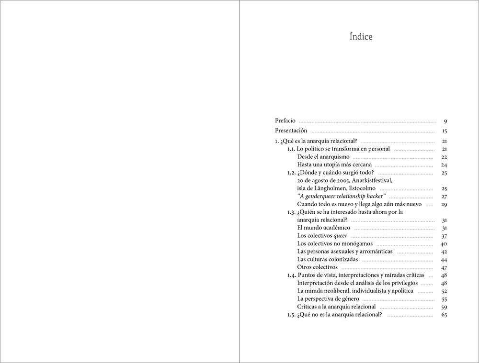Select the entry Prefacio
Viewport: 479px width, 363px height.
coord(285,121)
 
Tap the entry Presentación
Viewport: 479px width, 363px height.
coord(291,131)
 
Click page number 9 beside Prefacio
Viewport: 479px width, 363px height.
coord(445,121)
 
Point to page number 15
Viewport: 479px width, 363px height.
coord(444,131)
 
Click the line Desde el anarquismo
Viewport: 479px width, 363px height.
coord(323,157)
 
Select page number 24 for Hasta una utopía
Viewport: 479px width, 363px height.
coord(444,165)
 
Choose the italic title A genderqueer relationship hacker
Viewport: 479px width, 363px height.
coord(342,197)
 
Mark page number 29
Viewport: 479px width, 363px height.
coord(444,204)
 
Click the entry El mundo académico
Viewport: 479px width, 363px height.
coord(323,228)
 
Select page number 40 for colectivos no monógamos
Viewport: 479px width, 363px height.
coord(444,244)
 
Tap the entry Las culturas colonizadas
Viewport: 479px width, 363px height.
coord(327,259)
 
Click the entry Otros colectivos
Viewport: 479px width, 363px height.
coord(317,267)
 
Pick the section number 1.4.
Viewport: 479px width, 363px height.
coord(291,275)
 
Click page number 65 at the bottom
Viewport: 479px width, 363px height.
coord(444,315)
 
